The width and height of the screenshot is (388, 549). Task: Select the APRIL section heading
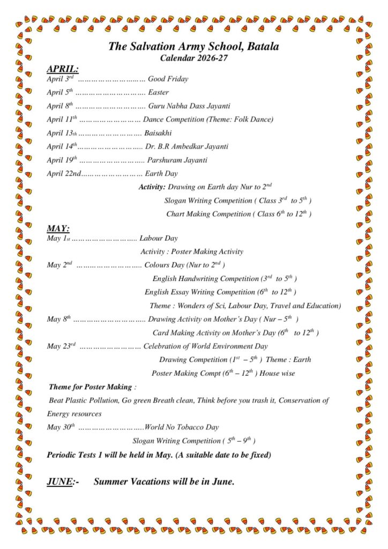coord(62,69)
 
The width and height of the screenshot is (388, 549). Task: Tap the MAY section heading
coord(58,228)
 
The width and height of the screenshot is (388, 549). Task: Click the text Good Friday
coord(168,79)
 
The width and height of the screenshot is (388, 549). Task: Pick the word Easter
coord(158,93)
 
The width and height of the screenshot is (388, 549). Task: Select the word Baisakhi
coord(158,133)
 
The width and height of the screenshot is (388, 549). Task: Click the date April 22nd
coord(64,174)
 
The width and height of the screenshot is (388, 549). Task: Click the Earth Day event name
coord(162,174)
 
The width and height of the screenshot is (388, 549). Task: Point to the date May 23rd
coord(61,346)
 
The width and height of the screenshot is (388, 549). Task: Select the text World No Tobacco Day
coord(182,427)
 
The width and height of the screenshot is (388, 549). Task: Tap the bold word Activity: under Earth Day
coord(152,187)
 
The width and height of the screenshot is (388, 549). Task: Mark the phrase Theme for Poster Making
coord(90,387)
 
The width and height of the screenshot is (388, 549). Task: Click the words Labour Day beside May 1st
coord(158,238)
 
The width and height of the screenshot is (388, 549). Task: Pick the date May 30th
coord(61,427)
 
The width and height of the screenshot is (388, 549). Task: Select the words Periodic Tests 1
coord(78,455)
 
